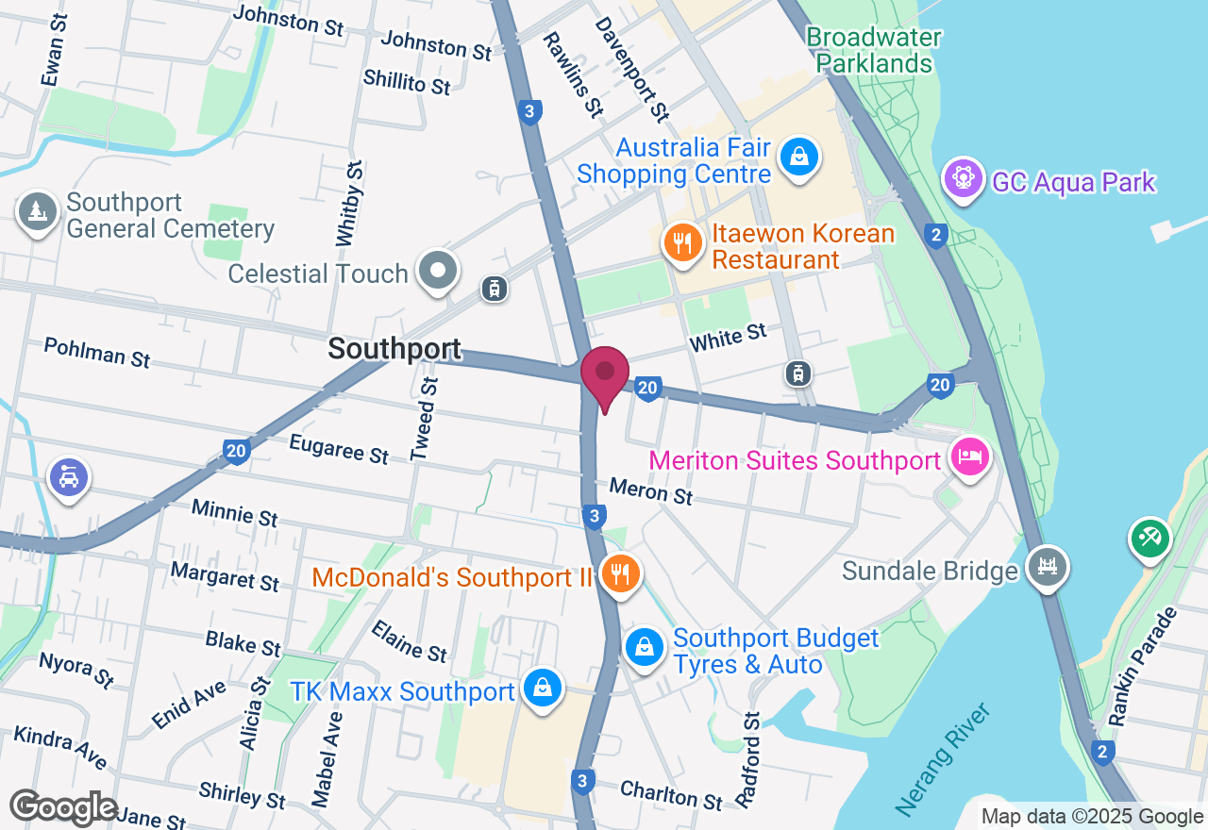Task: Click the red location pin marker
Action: (x=605, y=373)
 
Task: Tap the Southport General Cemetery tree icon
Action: (x=38, y=212)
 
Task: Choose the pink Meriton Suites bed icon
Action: (x=971, y=457)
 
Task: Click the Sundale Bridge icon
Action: (x=1048, y=568)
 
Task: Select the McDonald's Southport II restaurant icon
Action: (x=620, y=573)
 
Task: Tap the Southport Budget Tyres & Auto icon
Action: (x=644, y=648)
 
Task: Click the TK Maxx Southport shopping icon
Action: (x=543, y=689)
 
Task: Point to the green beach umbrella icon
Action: (x=1149, y=539)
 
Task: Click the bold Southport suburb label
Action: (x=394, y=349)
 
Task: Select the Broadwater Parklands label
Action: (x=874, y=51)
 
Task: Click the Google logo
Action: (x=64, y=807)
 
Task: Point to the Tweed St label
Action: (x=426, y=419)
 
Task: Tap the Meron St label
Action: (x=651, y=490)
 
